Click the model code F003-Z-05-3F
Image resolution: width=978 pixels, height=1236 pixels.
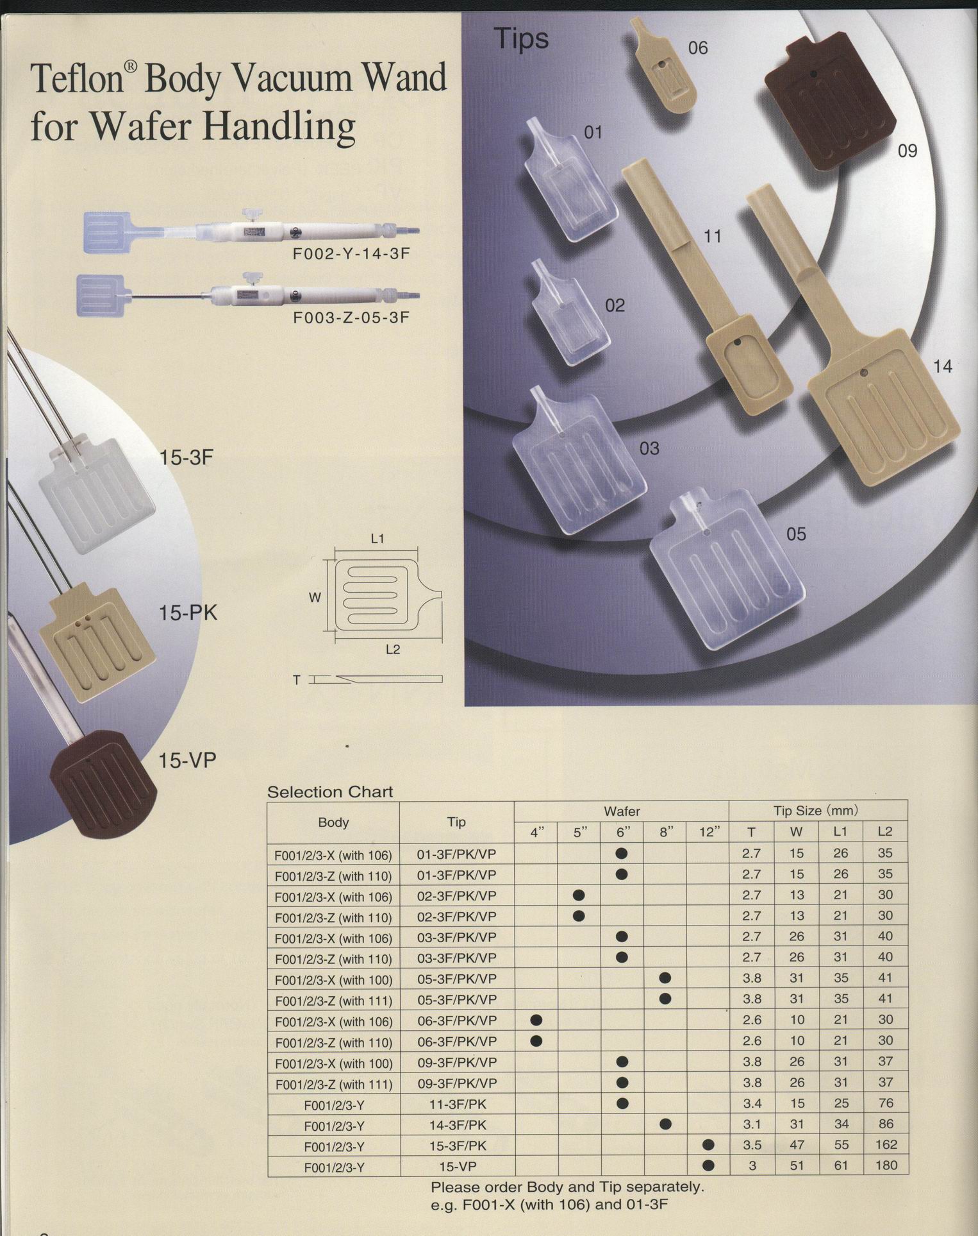(351, 317)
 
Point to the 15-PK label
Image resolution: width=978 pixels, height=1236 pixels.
(188, 613)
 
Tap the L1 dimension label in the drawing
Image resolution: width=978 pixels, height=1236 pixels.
(377, 539)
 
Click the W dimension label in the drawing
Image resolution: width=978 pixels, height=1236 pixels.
(315, 598)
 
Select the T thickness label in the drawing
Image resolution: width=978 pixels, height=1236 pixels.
(296, 680)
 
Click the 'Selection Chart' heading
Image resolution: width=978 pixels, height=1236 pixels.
(330, 792)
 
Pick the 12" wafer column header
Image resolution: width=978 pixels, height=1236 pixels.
(708, 832)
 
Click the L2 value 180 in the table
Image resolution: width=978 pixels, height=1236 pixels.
(886, 1165)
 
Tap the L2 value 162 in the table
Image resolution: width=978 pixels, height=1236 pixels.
(886, 1144)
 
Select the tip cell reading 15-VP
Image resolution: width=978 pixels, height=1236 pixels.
(457, 1166)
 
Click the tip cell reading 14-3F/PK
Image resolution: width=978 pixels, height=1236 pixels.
(457, 1124)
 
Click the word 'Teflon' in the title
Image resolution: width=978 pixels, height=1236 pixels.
(76, 78)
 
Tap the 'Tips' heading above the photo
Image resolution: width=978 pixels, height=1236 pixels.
(521, 39)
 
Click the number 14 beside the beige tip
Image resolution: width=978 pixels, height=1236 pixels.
(942, 366)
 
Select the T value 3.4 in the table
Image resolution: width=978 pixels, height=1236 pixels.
(752, 1104)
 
